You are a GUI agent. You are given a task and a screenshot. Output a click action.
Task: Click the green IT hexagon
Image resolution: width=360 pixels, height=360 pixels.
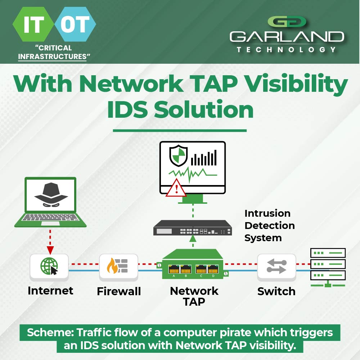[x=33, y=24]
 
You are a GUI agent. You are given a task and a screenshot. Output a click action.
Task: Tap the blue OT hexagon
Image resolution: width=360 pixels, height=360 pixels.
[x=75, y=24]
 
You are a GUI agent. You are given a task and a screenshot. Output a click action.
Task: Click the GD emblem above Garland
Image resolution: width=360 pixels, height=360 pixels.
[x=287, y=22]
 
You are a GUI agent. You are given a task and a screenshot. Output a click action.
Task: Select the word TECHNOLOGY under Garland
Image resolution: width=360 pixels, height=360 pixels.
[x=287, y=50]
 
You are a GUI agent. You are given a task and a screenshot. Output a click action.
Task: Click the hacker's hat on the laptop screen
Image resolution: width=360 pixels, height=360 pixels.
[x=51, y=191]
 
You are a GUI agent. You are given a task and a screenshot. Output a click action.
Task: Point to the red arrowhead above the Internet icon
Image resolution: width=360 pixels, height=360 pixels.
[x=50, y=250]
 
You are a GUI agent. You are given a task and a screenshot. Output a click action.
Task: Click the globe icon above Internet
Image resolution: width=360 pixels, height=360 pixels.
[x=49, y=266]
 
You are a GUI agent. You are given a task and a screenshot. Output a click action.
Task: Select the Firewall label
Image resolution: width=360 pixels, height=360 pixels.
[x=119, y=291]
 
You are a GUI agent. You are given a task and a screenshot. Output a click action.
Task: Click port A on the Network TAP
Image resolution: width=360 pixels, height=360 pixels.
[x=174, y=269]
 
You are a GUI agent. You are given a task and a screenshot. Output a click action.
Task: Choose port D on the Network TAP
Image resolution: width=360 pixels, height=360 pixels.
[x=213, y=269]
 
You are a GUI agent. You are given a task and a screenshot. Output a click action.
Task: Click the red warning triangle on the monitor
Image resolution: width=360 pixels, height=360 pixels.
[x=176, y=188]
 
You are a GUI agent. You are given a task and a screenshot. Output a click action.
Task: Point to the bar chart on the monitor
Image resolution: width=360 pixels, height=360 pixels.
[x=204, y=158]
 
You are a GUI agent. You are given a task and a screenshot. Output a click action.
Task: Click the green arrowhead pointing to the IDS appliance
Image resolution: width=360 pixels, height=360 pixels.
[x=193, y=238]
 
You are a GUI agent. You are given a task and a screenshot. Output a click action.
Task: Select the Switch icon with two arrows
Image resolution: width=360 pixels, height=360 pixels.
[x=276, y=266]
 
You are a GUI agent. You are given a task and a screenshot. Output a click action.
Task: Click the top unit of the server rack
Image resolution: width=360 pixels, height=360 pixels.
[x=328, y=253]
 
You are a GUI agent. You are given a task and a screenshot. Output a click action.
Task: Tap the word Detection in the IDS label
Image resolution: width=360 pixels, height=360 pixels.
[x=270, y=226]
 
